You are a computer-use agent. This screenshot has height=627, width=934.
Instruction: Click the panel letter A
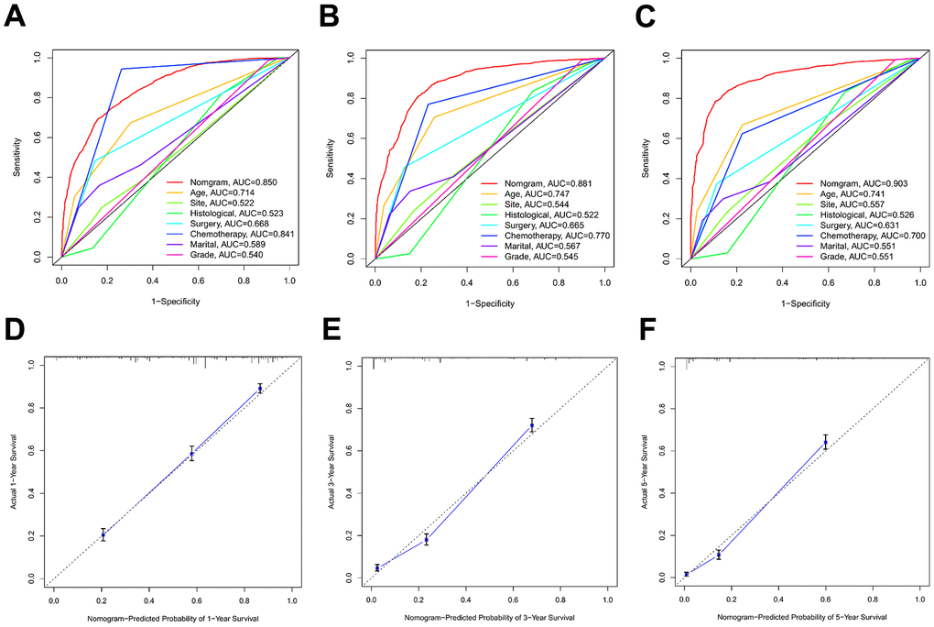tap(16, 17)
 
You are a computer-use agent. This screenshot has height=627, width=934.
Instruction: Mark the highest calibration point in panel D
tap(260, 389)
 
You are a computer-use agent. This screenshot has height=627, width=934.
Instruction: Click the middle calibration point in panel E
tap(426, 539)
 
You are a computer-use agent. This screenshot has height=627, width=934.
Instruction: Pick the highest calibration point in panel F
tap(825, 442)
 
